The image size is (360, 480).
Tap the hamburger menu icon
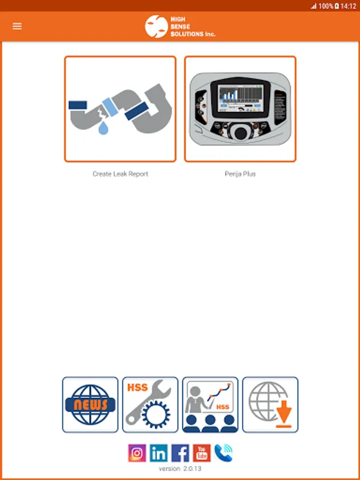(x=17, y=26)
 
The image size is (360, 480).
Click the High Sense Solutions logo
(x=180, y=26)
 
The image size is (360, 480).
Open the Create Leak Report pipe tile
(x=120, y=109)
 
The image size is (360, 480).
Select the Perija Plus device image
(x=240, y=109)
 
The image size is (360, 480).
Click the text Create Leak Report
(x=120, y=174)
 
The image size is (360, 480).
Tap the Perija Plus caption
(x=240, y=174)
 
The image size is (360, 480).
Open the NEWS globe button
(x=90, y=405)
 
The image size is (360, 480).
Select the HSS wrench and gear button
(x=150, y=405)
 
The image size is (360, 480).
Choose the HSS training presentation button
(x=210, y=405)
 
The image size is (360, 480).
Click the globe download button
(x=270, y=405)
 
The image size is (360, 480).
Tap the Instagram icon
(x=137, y=453)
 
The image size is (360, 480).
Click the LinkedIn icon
(x=158, y=453)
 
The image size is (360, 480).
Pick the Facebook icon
(x=180, y=453)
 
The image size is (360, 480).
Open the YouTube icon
(x=202, y=453)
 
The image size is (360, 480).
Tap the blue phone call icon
(x=223, y=453)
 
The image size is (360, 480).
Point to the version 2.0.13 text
(x=180, y=469)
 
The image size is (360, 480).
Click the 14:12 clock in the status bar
(x=348, y=6)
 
